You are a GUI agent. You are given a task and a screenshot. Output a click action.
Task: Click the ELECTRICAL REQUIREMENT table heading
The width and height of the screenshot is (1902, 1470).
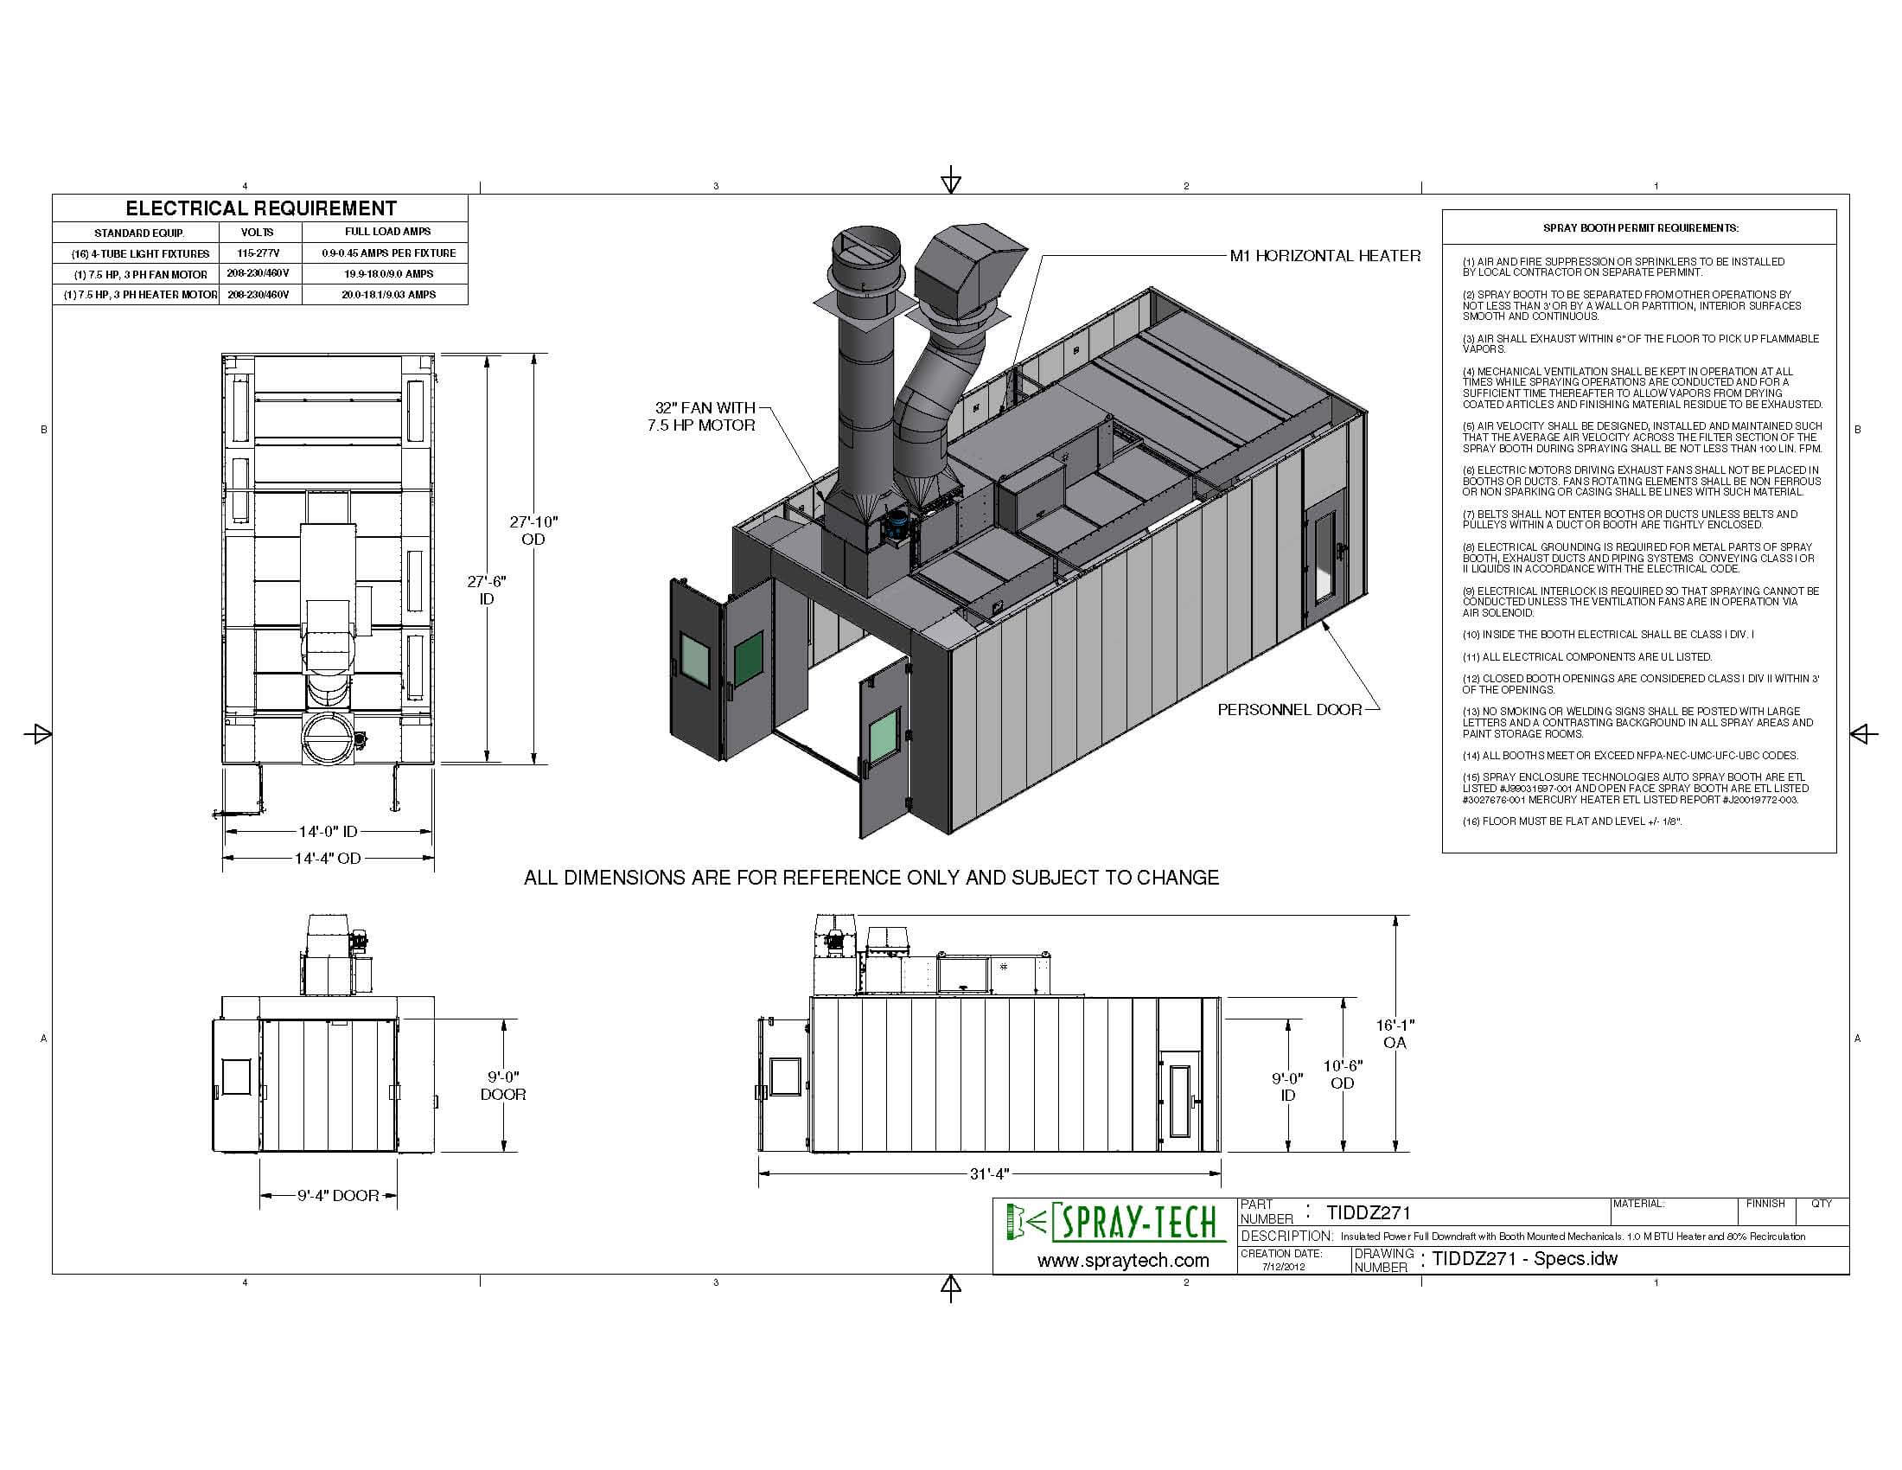[260, 208]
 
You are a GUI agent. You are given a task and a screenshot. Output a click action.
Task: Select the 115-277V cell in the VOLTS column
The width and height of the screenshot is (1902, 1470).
[257, 252]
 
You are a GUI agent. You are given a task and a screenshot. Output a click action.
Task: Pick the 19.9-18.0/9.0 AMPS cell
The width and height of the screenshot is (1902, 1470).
[387, 273]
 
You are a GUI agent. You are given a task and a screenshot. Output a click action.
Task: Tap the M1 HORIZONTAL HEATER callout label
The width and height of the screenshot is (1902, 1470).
[1324, 256]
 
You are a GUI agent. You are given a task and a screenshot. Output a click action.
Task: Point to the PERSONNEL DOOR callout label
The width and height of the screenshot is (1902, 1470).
[1289, 710]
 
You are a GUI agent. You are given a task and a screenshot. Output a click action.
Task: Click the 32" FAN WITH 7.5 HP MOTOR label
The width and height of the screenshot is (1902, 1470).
[701, 416]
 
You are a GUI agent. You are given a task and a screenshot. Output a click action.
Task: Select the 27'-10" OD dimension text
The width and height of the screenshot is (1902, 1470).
[533, 530]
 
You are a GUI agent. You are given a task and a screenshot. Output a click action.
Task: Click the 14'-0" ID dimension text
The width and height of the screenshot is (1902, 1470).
[328, 832]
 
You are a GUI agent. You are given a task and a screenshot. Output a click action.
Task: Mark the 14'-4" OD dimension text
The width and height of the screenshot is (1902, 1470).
[328, 859]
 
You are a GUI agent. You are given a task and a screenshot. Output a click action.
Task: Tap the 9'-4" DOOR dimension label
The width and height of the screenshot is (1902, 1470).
[338, 1196]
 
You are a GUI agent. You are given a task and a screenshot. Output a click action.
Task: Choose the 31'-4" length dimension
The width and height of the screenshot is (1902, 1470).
[988, 1174]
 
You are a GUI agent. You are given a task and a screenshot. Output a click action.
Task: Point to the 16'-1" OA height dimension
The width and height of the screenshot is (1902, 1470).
[1395, 1033]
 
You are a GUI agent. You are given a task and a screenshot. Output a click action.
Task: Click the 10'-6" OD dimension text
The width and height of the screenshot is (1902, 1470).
[1342, 1074]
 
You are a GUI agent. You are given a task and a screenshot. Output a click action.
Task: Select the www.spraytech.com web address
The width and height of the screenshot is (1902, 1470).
[1122, 1260]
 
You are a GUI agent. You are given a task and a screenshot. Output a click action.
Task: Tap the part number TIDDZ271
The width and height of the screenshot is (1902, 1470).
[1369, 1212]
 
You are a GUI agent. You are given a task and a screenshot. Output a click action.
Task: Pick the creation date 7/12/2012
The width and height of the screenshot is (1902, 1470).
[1284, 1266]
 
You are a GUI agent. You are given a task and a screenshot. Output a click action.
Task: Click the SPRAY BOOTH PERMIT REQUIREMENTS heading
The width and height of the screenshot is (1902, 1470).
[1640, 228]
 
